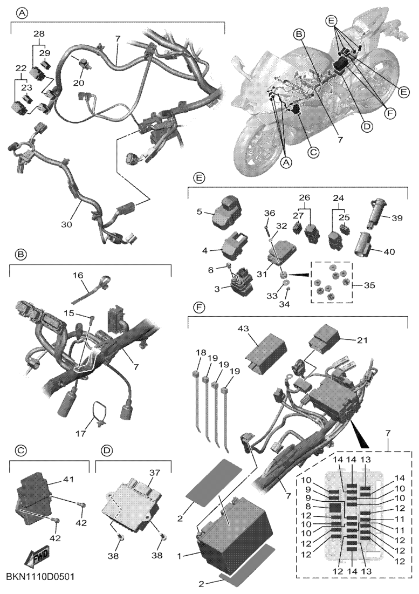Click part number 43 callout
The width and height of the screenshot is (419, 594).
243,329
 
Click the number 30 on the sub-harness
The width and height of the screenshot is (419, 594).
67,224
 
